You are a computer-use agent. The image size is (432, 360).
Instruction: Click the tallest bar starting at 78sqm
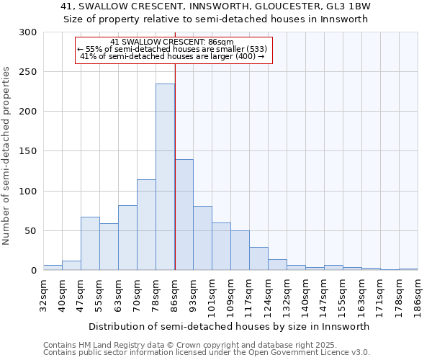tap(165, 177)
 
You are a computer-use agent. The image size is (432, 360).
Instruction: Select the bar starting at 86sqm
tap(184, 215)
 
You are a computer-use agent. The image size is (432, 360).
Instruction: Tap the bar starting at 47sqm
tap(90, 243)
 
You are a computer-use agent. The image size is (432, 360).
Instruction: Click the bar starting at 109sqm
tap(240, 251)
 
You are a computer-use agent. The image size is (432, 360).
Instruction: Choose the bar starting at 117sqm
tap(258, 258)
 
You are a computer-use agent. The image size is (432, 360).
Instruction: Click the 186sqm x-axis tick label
tap(418, 295)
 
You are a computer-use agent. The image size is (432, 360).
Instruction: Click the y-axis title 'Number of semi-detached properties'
tap(7, 156)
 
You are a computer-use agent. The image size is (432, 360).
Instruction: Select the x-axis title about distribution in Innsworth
tap(230, 326)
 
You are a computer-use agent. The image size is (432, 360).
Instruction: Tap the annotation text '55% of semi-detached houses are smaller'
tap(172, 49)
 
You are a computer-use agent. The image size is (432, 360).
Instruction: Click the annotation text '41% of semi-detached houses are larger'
tap(172, 56)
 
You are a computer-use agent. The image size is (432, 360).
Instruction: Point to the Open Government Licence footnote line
tap(206, 353)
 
